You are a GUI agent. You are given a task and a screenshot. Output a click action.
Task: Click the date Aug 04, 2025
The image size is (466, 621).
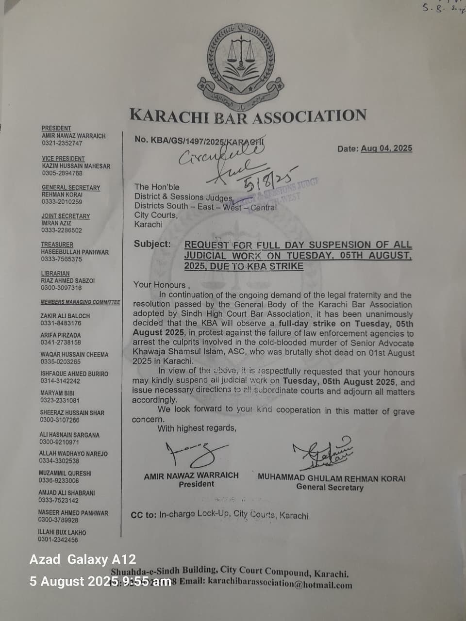(386, 148)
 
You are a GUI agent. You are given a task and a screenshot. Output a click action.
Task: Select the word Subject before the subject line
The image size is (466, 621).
(152, 244)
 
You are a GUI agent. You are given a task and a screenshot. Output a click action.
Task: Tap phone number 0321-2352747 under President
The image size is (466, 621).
(62, 143)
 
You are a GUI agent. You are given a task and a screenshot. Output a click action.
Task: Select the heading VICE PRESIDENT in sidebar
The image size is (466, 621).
(63, 159)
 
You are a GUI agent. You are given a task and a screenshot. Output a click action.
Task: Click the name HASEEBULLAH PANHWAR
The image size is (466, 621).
(75, 252)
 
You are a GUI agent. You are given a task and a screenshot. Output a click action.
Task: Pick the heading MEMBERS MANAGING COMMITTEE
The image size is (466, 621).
(80, 302)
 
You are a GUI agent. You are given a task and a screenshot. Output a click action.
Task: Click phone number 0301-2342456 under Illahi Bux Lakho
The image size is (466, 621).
(58, 539)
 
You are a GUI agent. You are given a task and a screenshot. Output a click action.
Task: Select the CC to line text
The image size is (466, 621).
(219, 515)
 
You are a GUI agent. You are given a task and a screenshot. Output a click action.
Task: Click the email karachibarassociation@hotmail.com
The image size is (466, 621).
(280, 584)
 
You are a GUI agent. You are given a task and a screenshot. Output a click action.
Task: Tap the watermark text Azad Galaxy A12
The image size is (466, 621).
(83, 559)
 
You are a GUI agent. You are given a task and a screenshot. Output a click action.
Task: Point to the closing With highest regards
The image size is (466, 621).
(197, 428)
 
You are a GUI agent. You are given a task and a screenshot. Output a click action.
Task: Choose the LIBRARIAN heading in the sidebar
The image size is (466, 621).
(55, 274)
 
